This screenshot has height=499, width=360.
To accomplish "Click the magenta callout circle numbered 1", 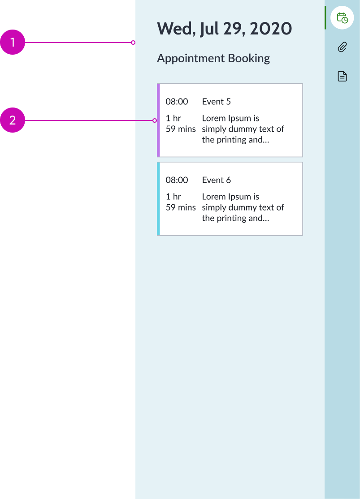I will click(13, 43).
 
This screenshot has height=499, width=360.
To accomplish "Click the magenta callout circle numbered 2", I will click(13, 120).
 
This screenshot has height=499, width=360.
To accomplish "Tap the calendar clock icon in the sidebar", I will click(342, 18).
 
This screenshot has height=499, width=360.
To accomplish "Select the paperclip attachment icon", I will click(342, 47).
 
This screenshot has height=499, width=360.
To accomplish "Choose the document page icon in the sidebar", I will click(342, 76).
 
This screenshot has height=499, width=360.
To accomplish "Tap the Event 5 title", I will click(216, 102).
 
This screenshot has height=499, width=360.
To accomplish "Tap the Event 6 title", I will click(216, 180).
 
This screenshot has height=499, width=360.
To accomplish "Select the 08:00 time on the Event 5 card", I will click(177, 102).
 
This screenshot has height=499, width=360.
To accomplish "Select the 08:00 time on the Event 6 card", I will click(177, 180).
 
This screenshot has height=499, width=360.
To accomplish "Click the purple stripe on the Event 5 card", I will click(158, 120).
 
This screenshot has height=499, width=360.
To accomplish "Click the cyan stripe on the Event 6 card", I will click(158, 198).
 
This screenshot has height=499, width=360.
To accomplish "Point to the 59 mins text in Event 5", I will click(181, 129).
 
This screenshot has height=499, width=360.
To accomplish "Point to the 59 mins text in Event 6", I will click(181, 207).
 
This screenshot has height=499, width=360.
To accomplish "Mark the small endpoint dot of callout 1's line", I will click(133, 43).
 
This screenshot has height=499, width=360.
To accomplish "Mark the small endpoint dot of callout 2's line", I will click(155, 120).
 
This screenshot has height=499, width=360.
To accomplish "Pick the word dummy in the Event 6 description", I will click(242, 207).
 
